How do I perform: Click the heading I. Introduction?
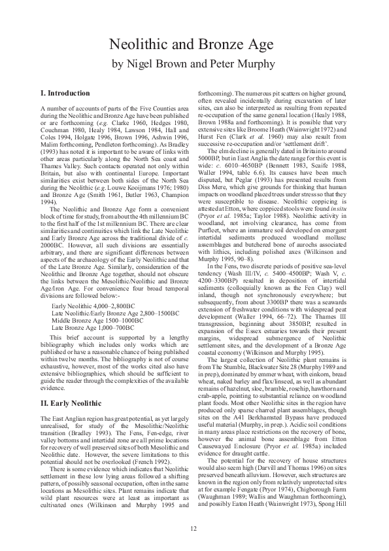(x=65, y=94)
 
